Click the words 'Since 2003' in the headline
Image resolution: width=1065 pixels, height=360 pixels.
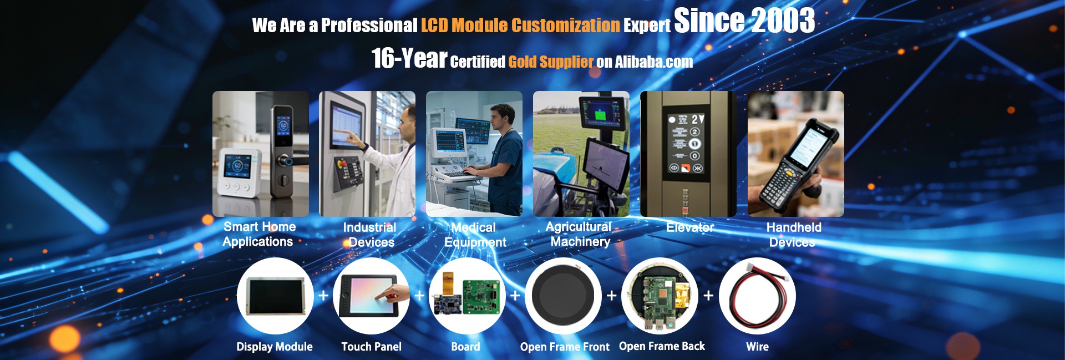pos(744,21)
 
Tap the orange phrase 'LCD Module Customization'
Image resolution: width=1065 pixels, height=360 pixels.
pos(520,26)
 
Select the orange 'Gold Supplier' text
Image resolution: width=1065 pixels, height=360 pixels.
pos(551,62)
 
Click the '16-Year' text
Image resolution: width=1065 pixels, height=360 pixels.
pos(409,58)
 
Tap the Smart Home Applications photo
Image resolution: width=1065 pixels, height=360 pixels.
pos(261,154)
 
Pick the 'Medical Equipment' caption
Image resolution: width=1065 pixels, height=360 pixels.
pos(475,235)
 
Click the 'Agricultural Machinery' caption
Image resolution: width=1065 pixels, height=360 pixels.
pos(579,234)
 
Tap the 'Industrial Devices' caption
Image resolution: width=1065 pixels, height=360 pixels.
pos(370,235)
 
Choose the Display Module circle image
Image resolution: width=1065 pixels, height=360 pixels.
pos(275,296)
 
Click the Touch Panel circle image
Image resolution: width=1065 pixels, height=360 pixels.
pos(371,296)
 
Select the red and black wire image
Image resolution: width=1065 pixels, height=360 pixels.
pos(757,296)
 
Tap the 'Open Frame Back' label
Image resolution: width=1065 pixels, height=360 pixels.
pos(662,346)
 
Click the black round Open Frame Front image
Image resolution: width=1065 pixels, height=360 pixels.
pos(563,296)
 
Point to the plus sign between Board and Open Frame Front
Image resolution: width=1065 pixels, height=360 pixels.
pos(515,296)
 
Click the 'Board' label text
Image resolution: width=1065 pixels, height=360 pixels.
pos(465,347)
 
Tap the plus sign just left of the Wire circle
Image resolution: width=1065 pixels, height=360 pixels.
pos(708,296)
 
